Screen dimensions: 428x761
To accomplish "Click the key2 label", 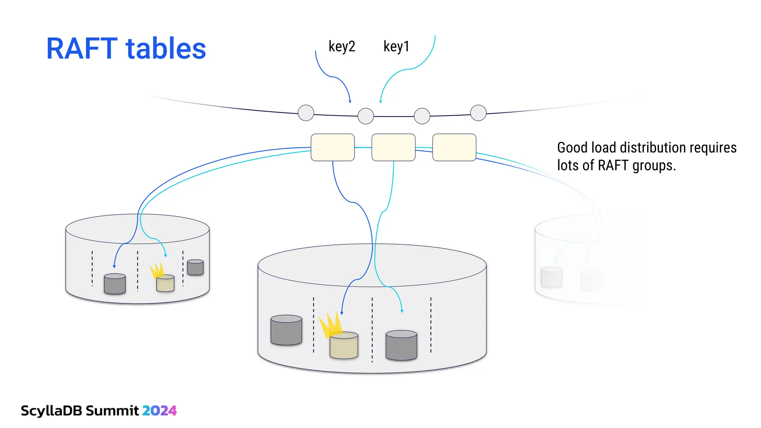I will (342, 47).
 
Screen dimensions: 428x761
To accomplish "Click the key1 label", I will (396, 47).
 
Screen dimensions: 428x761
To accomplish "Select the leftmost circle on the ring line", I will (306, 113).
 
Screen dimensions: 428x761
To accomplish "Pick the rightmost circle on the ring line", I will (478, 113).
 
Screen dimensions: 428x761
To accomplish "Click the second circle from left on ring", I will (366, 116).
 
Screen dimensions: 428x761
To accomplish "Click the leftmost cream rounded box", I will (333, 147).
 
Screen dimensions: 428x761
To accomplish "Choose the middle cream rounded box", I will (394, 147).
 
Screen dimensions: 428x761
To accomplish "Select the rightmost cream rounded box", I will (454, 147).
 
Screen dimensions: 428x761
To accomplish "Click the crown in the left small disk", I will (157, 270).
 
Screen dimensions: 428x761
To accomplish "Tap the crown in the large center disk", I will (330, 324).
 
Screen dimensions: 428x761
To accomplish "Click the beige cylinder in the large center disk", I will (344, 346).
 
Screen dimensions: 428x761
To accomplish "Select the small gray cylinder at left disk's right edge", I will (195, 267).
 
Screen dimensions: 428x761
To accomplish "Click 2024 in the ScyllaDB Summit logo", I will (159, 411).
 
